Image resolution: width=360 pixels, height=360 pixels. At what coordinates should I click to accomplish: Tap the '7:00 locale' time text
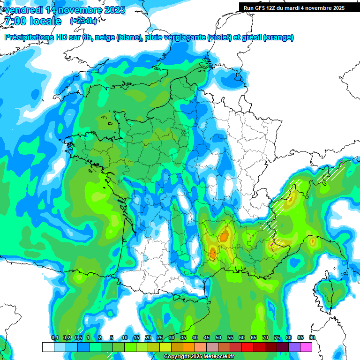33,21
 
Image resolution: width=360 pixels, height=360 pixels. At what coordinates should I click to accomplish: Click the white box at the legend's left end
48,347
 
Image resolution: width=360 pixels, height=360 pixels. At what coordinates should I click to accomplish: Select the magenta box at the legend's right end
306,347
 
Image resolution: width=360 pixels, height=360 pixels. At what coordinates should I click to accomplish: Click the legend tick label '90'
312,338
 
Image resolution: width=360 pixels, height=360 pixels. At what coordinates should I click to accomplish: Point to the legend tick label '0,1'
54,338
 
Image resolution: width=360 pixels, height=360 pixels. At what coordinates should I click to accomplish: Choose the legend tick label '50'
218,338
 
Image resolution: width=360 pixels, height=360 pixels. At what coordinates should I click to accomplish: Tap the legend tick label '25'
160,338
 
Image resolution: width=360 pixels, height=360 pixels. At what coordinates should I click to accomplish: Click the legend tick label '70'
265,338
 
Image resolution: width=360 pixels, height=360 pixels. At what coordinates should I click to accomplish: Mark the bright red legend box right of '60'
247,347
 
